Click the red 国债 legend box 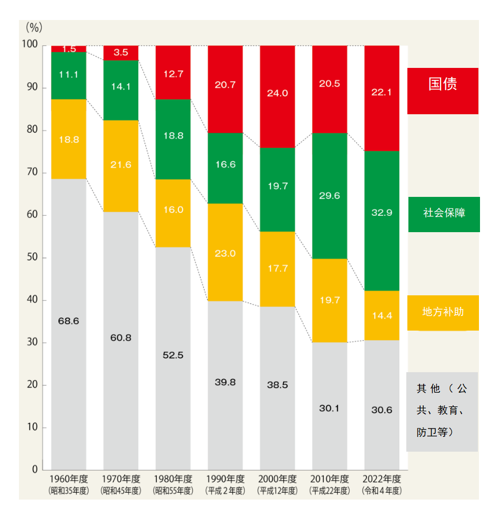(442, 91)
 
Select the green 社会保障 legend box (444, 214)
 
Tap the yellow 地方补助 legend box (443, 312)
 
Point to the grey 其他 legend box (442, 411)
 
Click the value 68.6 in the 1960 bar (68, 321)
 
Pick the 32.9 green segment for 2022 (382, 213)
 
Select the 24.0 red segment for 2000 (277, 93)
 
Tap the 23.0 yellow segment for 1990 (225, 253)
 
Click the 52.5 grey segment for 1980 (173, 355)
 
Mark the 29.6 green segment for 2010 (329, 196)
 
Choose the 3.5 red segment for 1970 (121, 53)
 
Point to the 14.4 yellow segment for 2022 (382, 315)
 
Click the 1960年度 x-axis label (68, 479)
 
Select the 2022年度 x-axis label (382, 479)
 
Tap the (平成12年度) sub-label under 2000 (277, 491)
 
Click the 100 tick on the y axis (31, 45)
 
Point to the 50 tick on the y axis (33, 258)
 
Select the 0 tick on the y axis (35, 469)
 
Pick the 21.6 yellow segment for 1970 (121, 165)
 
